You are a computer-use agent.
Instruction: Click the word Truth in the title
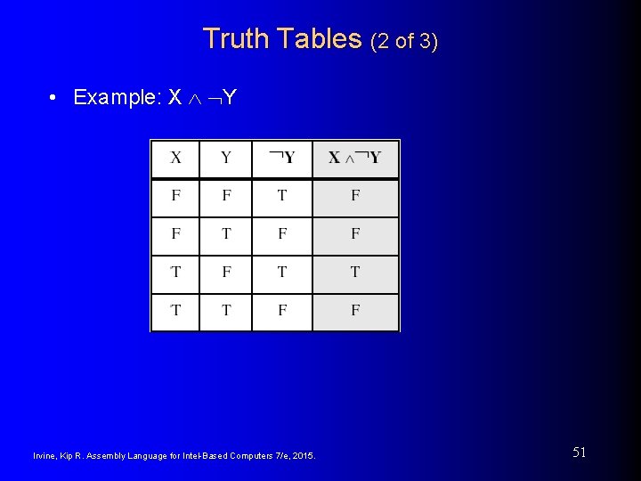(x=236, y=39)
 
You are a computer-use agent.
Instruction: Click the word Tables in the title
(x=319, y=39)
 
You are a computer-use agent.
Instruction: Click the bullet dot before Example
(x=54, y=97)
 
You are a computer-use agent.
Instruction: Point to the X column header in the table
(x=175, y=159)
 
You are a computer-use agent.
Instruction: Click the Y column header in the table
(x=226, y=159)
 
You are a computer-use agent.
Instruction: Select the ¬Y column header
(x=282, y=159)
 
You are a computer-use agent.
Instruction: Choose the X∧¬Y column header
(x=355, y=159)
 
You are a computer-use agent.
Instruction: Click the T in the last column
(x=355, y=272)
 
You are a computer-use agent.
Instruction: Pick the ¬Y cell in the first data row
(x=282, y=196)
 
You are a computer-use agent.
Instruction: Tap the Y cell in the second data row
(x=226, y=234)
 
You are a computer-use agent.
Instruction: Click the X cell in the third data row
(x=175, y=272)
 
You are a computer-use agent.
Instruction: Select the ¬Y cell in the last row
(x=282, y=310)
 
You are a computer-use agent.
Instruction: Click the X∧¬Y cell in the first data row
(x=355, y=196)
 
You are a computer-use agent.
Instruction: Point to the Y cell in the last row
(x=226, y=310)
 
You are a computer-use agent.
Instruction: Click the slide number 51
(x=579, y=452)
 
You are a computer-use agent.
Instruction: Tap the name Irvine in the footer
(x=45, y=456)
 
